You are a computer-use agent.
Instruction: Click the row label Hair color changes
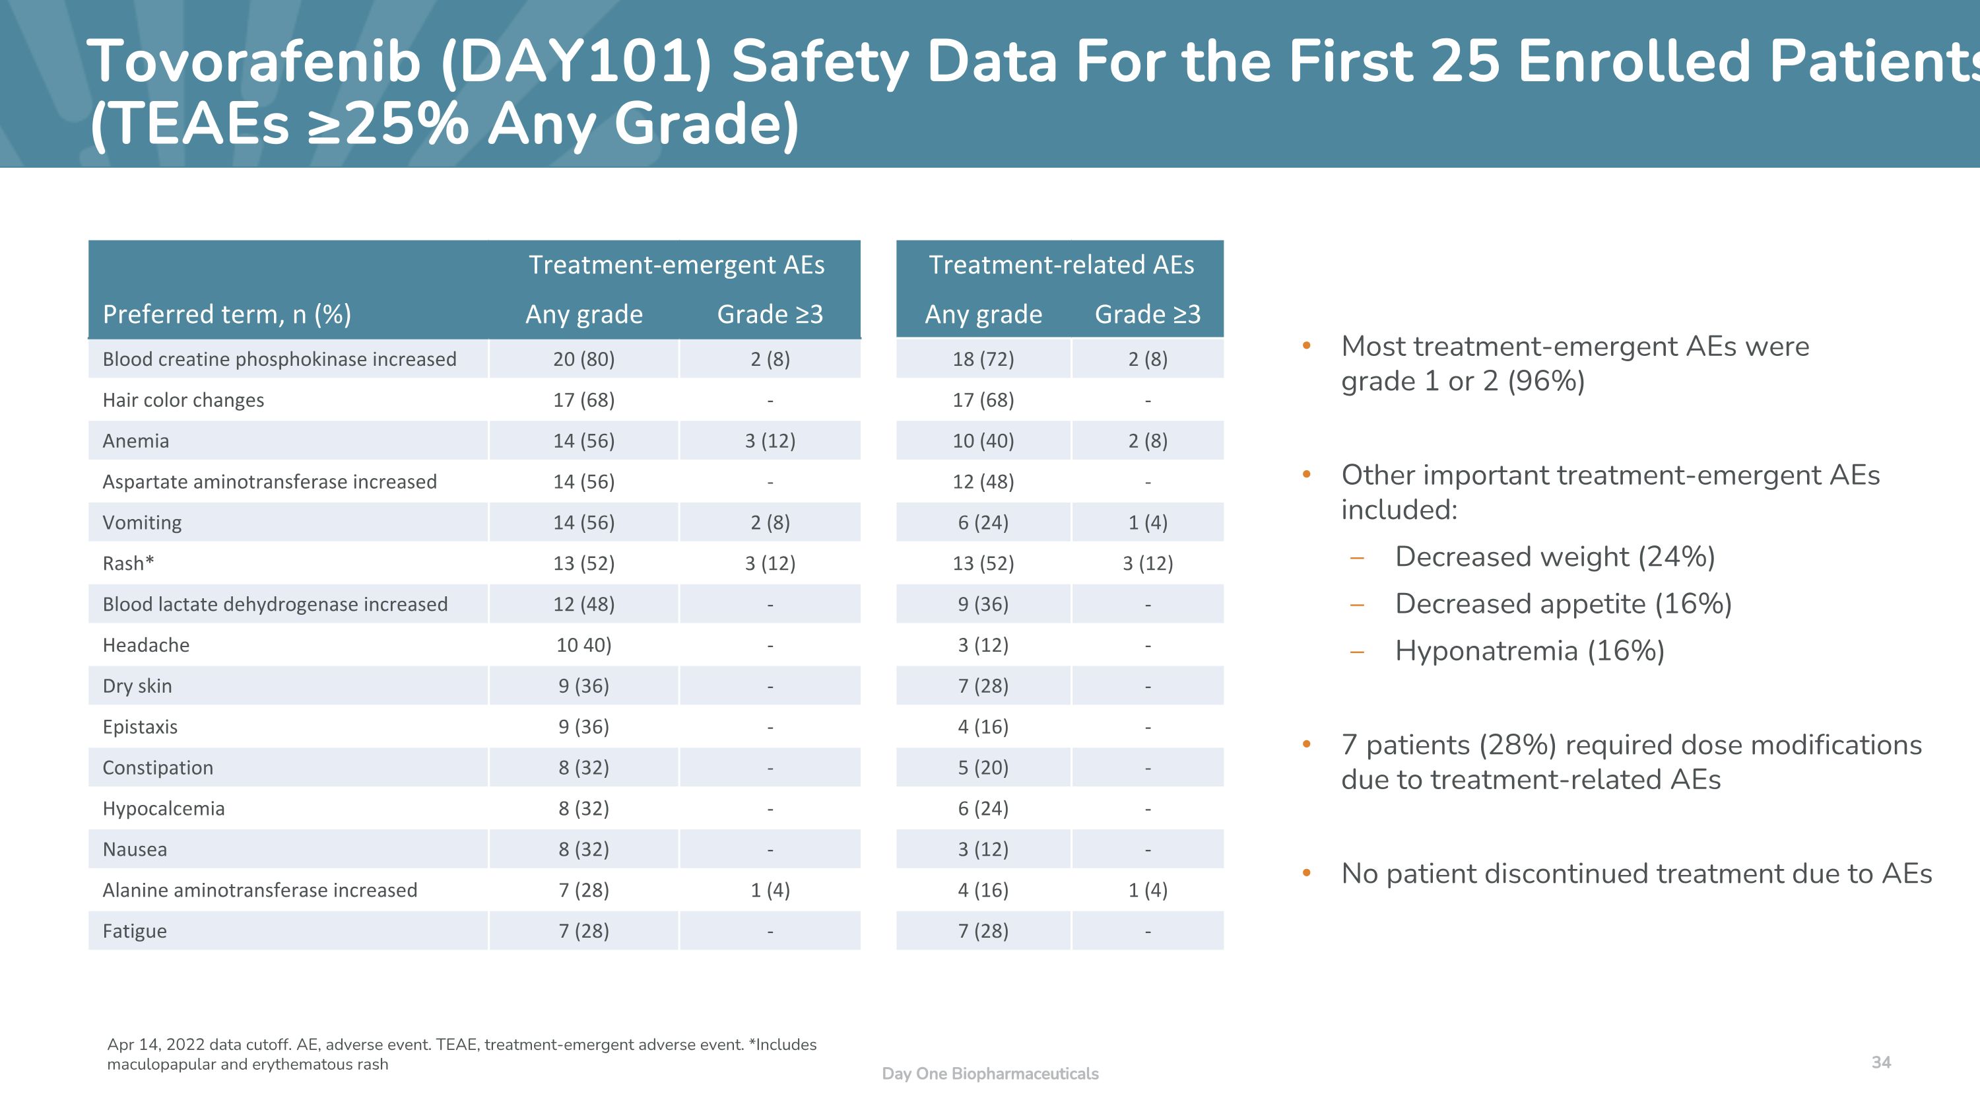coord(183,400)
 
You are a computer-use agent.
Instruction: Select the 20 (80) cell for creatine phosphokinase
coord(583,359)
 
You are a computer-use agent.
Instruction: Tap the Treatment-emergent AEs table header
coord(676,265)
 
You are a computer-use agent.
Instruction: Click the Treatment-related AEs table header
coord(1061,265)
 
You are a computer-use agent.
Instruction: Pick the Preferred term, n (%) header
coord(227,314)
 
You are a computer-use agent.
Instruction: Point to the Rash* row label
coord(128,563)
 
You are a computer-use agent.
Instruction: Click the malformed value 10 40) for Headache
coord(583,645)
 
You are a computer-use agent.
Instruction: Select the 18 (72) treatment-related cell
coord(983,359)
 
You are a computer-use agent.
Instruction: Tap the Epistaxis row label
coord(140,726)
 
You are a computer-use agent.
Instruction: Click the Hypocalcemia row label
coord(164,808)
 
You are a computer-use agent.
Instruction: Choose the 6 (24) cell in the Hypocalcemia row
coord(983,808)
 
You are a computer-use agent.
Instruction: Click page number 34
coord(1881,1062)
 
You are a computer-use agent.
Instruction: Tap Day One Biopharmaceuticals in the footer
coord(990,1073)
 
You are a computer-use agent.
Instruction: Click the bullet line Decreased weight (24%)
coord(1554,557)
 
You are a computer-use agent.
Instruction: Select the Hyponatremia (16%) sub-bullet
coord(1530,650)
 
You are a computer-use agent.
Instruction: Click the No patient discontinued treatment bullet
coord(1635,874)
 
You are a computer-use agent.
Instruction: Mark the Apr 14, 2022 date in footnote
coord(156,1044)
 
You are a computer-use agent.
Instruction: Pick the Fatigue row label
coord(135,931)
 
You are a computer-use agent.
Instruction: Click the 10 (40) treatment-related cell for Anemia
coord(983,440)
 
